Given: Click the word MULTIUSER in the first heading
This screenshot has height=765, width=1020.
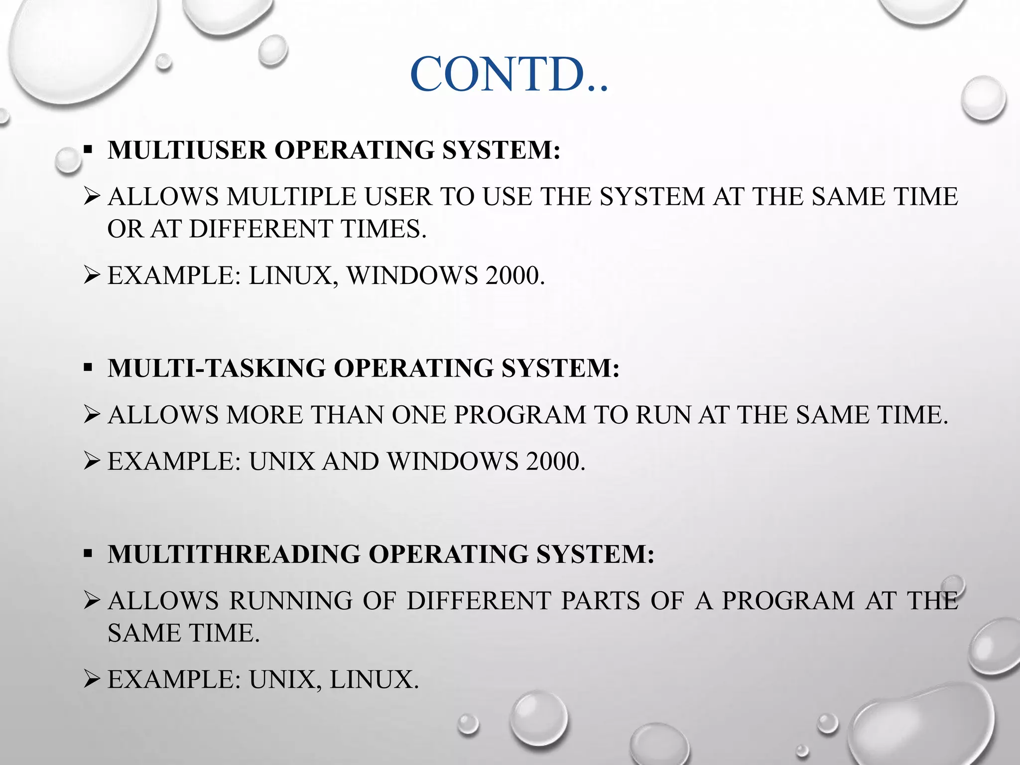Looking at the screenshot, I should pos(187,150).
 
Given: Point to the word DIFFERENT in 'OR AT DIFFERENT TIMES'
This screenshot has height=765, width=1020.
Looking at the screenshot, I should pos(260,229).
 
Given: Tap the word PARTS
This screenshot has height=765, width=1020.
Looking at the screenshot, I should pos(600,601).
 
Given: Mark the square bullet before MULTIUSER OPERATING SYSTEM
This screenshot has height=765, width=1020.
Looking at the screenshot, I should pos(88,149).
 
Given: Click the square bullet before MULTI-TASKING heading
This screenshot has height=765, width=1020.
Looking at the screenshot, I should pos(88,368).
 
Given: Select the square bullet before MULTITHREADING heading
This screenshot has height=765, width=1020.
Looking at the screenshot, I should pos(88,554).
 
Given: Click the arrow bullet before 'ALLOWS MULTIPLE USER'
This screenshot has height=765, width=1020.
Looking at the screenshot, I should pos(93,197).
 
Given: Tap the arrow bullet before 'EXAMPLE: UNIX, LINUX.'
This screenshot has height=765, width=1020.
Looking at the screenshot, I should pos(93,679).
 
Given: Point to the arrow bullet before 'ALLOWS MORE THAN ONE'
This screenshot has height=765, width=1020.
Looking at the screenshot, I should pos(93,415).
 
